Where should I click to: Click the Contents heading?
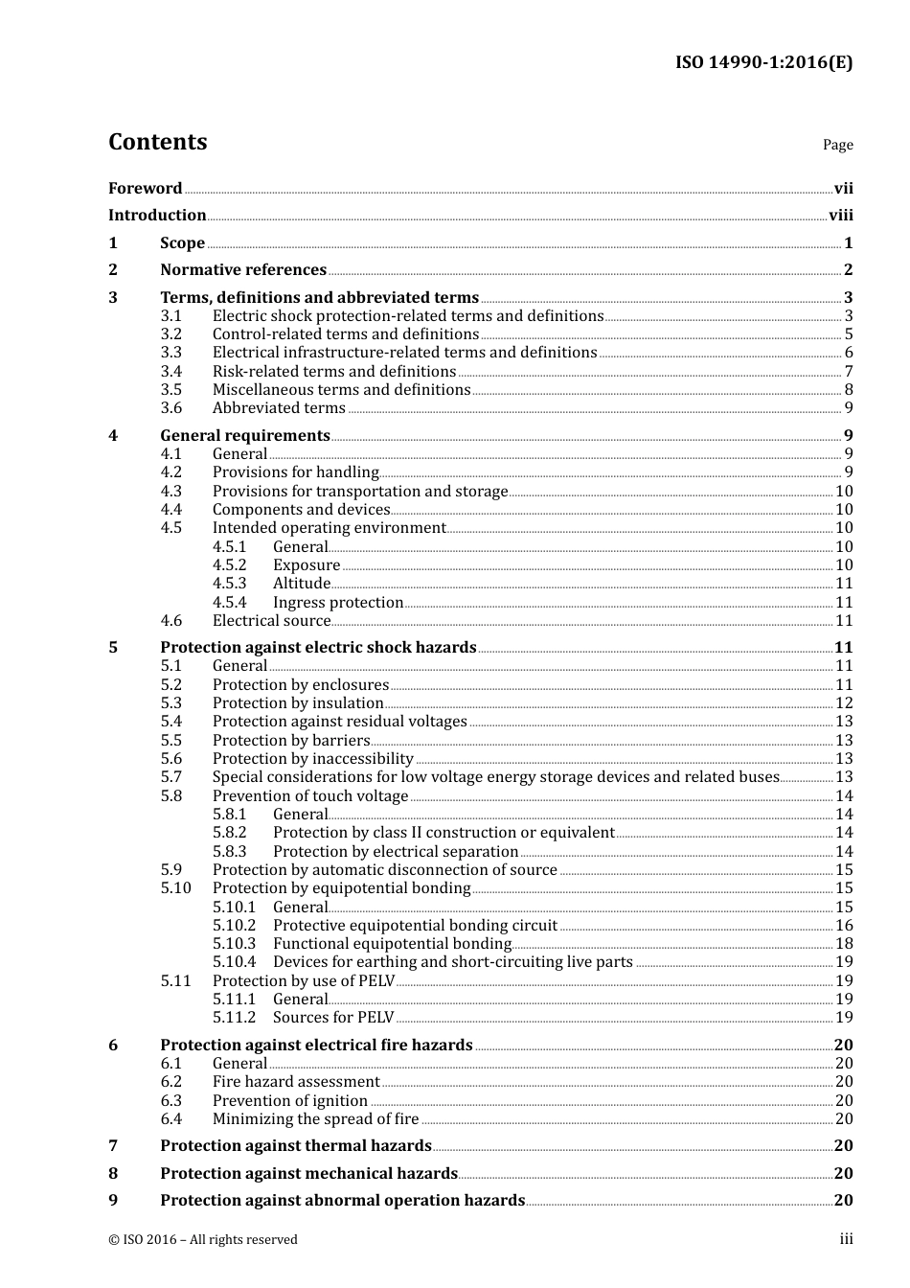point(157,142)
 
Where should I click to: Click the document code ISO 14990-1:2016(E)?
point(763,63)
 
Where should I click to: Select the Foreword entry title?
point(145,188)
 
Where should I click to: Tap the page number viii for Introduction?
point(840,216)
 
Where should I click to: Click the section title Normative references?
point(243,270)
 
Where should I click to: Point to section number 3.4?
point(171,371)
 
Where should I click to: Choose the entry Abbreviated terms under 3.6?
point(279,408)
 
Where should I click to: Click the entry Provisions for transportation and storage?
point(359,491)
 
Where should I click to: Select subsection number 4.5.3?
point(229,583)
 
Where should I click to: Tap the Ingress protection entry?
point(337,602)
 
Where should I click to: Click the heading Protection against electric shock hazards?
point(318,648)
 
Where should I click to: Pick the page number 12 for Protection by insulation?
point(844,702)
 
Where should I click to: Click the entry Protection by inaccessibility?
point(312,758)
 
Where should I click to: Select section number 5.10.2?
point(234,925)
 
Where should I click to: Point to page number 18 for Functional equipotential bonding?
point(844,943)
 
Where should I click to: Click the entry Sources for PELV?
point(332,1017)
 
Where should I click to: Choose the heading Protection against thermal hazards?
point(296,1145)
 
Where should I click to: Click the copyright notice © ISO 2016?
point(203,1239)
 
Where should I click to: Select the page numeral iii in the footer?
point(846,1239)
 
